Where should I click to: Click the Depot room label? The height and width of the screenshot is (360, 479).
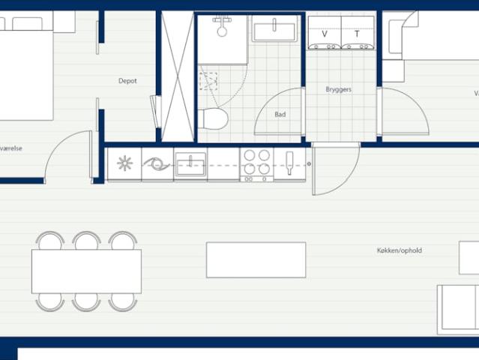[x=127, y=81]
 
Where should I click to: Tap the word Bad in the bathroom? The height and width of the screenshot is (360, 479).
[x=280, y=115]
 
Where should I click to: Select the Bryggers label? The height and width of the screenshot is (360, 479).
[x=339, y=89]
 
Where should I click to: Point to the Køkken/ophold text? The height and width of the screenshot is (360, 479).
[x=400, y=250]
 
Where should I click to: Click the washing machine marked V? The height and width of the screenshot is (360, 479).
[x=325, y=34]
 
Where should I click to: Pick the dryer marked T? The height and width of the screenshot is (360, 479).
[x=357, y=34]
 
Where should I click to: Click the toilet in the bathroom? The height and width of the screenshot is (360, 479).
[x=214, y=119]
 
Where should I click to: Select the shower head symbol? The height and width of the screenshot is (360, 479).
[x=222, y=27]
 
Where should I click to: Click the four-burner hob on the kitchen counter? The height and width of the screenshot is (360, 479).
[x=256, y=163]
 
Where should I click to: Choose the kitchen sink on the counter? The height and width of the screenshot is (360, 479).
[x=190, y=164]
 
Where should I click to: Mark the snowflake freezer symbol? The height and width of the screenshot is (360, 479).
[x=124, y=163]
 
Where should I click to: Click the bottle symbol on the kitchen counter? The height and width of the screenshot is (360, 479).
[x=289, y=163]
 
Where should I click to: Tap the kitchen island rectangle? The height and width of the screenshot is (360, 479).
[x=256, y=259]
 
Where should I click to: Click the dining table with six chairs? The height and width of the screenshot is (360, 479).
[x=86, y=271]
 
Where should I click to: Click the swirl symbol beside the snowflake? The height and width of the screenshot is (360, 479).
[x=157, y=163]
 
